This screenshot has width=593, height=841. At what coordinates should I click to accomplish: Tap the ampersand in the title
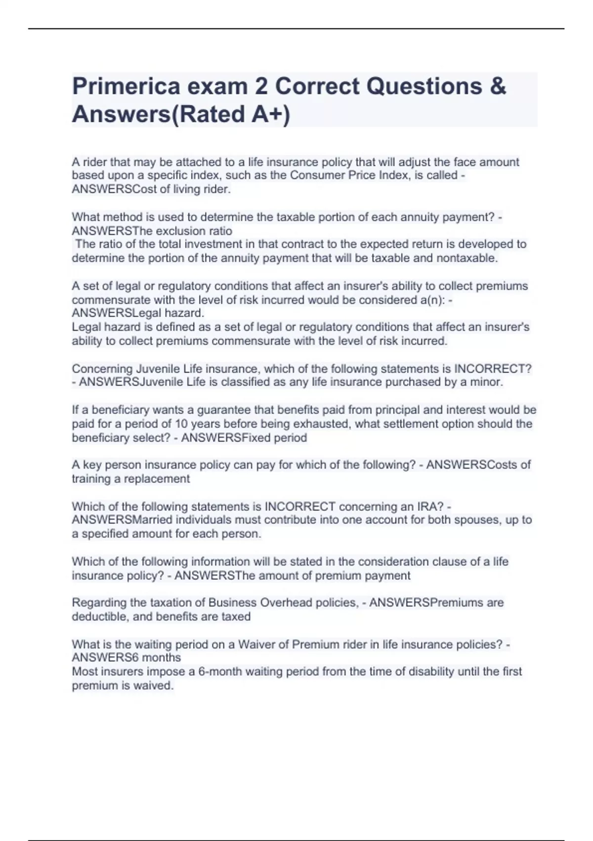coord(498,87)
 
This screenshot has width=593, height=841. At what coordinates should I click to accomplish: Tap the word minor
coord(488,382)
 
